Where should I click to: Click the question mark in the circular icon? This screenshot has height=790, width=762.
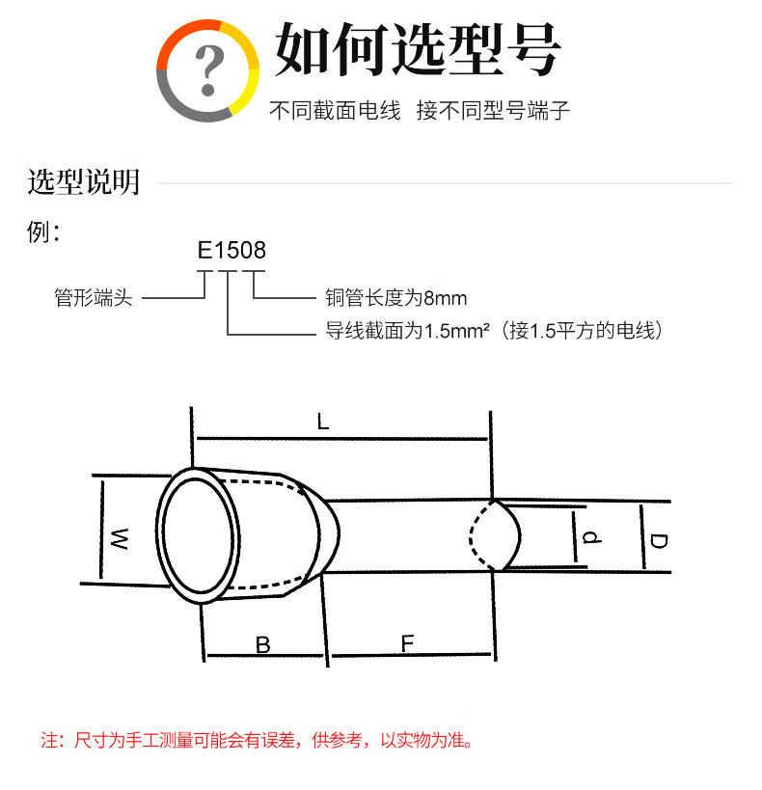coord(209,69)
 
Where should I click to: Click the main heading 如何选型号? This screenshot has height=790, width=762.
coord(418,49)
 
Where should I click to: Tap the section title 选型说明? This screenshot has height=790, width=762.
coord(84,181)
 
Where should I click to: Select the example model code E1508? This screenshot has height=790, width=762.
coord(231,251)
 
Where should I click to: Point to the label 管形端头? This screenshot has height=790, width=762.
coord(94,298)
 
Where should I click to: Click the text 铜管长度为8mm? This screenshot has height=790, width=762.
coord(396,298)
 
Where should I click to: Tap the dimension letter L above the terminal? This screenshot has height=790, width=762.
coord(323,422)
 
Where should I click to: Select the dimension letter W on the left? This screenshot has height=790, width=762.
coord(120,538)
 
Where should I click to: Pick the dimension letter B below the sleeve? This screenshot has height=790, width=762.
coord(263,645)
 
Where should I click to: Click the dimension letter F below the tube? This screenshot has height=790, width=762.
coord(407,643)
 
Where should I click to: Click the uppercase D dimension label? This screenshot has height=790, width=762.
coord(659,541)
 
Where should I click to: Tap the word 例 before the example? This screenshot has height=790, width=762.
coord(39,232)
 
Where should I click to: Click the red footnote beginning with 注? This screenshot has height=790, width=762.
coord(257,740)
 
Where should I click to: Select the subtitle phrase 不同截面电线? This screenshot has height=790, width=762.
coord(335,110)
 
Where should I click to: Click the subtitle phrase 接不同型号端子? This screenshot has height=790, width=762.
coord(494,110)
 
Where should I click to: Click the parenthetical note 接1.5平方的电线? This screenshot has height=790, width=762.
coord(585,331)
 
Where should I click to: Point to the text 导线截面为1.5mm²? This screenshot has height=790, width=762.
coord(407,331)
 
